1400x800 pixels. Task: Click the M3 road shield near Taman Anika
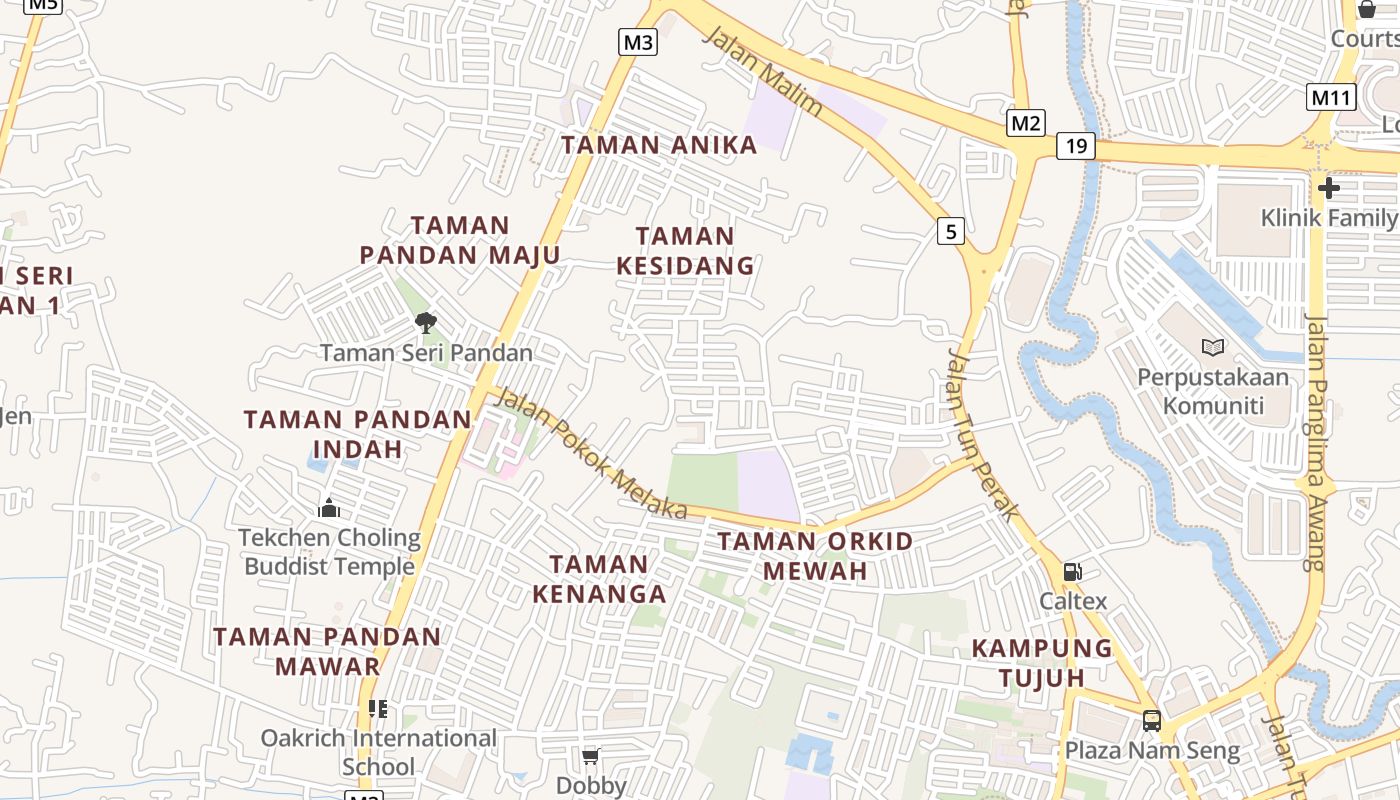pyautogui.click(x=638, y=42)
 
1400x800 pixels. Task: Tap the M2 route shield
pyautogui.click(x=1025, y=123)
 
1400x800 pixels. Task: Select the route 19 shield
pyautogui.click(x=1076, y=147)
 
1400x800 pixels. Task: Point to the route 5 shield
pyautogui.click(x=951, y=232)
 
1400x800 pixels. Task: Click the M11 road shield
pyautogui.click(x=1331, y=98)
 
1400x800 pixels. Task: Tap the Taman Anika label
pyautogui.click(x=659, y=145)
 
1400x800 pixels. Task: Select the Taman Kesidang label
pyautogui.click(x=685, y=251)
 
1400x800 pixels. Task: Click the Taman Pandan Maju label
pyautogui.click(x=460, y=240)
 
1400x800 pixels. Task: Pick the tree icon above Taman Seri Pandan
pyautogui.click(x=426, y=322)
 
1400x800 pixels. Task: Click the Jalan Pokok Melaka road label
pyautogui.click(x=591, y=453)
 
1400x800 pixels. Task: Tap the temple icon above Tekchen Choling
pyautogui.click(x=329, y=509)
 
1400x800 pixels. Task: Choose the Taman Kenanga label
pyautogui.click(x=599, y=579)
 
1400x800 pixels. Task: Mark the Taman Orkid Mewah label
pyautogui.click(x=816, y=556)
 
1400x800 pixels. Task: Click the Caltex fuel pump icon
pyautogui.click(x=1073, y=572)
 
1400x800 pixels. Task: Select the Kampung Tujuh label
pyautogui.click(x=1042, y=662)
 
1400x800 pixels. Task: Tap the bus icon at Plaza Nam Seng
pyautogui.click(x=1152, y=720)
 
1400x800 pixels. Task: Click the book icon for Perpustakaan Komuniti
pyautogui.click(x=1213, y=347)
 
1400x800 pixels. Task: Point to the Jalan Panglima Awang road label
pyautogui.click(x=1316, y=440)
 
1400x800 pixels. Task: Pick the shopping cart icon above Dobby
pyautogui.click(x=591, y=756)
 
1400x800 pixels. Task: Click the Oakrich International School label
pyautogui.click(x=378, y=752)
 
